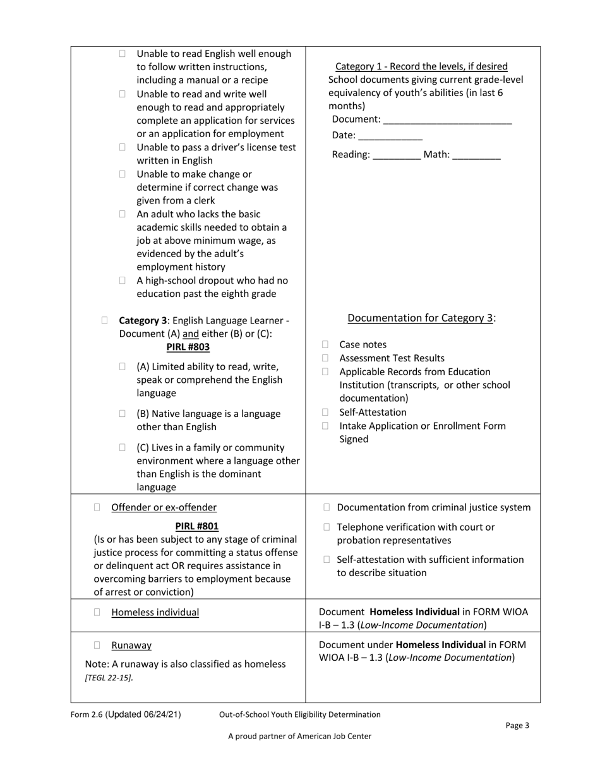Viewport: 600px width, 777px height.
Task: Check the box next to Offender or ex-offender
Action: pos(97,507)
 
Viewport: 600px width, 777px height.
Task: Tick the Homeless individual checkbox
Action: pos(97,612)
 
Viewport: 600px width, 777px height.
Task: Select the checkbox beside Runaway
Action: pos(97,645)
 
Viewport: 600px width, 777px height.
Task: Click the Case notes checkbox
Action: pos(325,344)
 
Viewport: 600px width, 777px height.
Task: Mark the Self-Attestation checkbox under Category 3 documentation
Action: pos(325,413)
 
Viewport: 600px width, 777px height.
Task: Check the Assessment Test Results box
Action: pos(325,358)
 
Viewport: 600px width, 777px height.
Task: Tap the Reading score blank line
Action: pos(397,155)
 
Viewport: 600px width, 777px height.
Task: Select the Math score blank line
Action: pos(476,155)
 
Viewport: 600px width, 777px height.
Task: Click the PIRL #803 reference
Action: pos(188,347)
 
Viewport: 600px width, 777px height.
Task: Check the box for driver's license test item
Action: pos(123,147)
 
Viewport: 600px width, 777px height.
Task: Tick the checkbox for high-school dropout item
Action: pos(123,280)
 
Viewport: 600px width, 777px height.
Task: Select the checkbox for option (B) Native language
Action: pos(123,414)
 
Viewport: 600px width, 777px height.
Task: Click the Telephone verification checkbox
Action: pos(327,527)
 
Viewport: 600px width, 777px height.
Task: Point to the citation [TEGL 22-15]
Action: pos(109,678)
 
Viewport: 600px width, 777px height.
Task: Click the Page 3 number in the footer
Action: pos(517,725)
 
